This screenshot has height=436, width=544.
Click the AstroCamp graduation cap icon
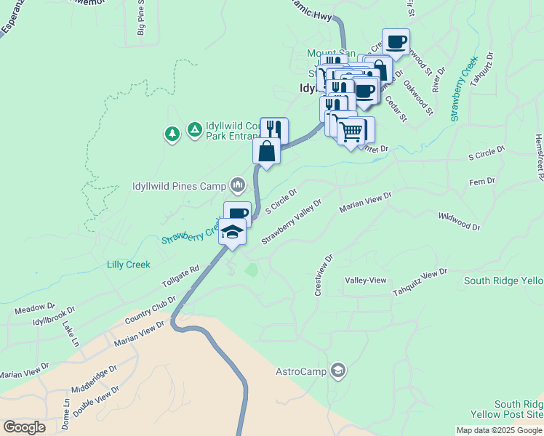(x=337, y=371)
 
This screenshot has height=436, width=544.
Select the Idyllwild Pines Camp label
(x=178, y=185)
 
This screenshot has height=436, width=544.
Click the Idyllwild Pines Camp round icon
(x=237, y=185)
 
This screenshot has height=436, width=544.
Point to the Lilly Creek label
(x=128, y=265)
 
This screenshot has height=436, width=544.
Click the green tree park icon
(x=172, y=134)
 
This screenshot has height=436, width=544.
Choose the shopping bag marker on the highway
(x=267, y=152)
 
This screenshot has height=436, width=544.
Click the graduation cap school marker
(x=233, y=232)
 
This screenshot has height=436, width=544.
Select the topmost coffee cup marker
(x=396, y=42)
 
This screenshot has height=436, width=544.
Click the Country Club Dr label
(x=151, y=310)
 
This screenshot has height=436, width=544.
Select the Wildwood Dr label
(x=459, y=222)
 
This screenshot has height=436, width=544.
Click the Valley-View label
(x=366, y=280)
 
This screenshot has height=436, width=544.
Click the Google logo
(x=24, y=427)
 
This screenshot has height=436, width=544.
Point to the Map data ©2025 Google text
(x=500, y=430)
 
